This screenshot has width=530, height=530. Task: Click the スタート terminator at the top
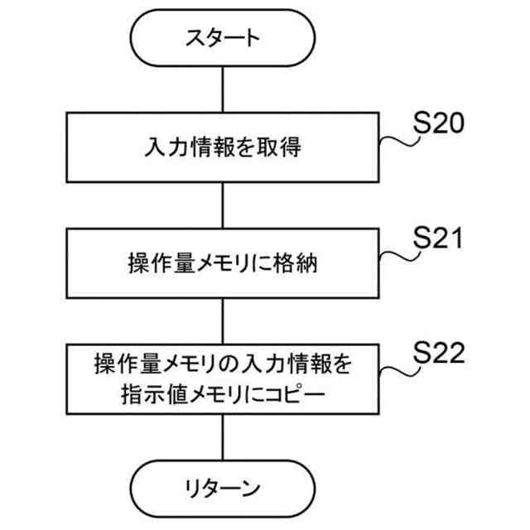[x=222, y=39]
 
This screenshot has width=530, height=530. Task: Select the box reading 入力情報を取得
[x=222, y=149]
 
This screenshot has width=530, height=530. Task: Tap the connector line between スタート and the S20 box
[x=222, y=91]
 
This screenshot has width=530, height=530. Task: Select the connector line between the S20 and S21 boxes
[x=222, y=207]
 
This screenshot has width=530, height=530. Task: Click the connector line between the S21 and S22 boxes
[x=222, y=323]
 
